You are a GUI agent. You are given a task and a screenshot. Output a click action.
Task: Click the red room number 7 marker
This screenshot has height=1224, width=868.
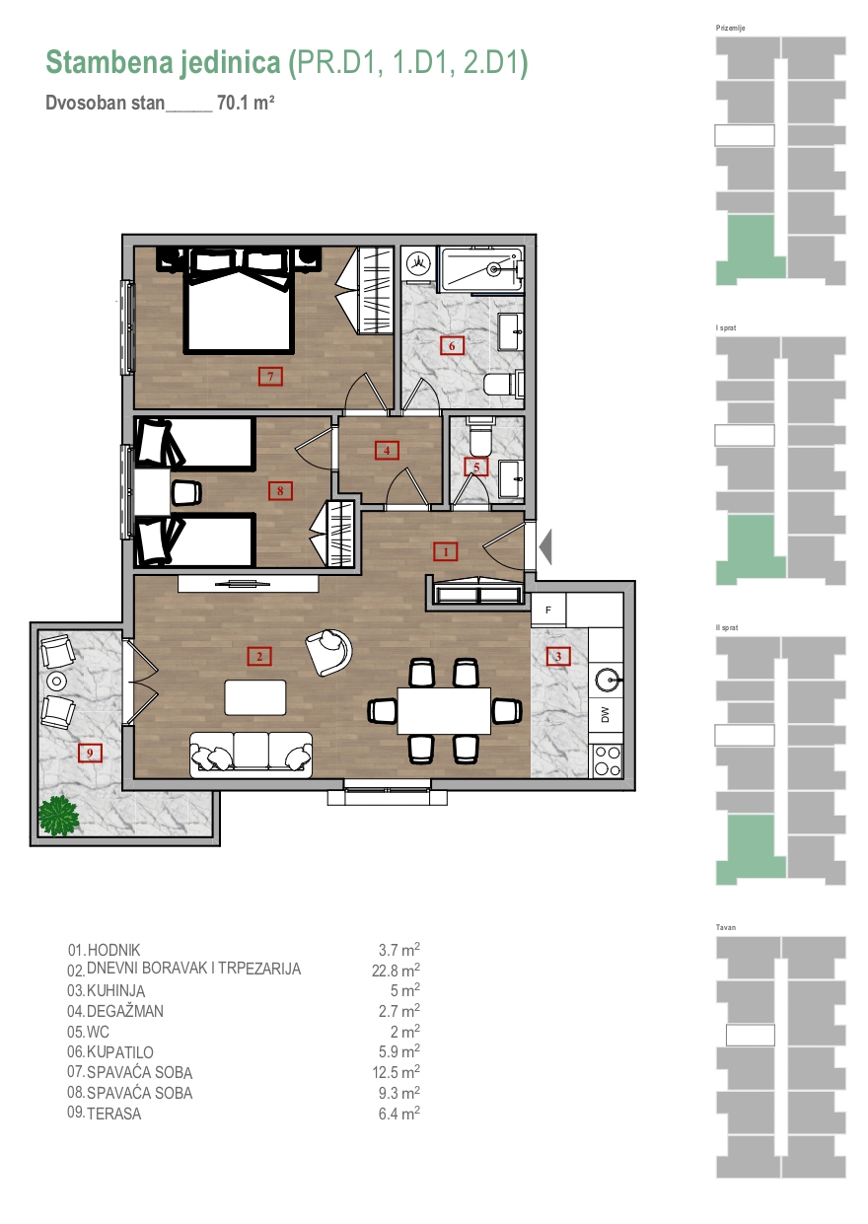point(270,377)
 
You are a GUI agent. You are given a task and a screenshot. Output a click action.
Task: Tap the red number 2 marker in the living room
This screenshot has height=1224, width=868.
point(259,656)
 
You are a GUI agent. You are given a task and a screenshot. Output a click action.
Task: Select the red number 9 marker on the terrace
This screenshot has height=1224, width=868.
point(90,754)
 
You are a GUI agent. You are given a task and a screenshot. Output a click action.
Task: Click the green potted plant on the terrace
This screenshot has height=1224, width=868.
point(58,816)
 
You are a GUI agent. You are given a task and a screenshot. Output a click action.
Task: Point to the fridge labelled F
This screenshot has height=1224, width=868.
point(548,610)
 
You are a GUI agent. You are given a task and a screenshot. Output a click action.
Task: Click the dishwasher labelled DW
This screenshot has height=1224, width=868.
point(605,714)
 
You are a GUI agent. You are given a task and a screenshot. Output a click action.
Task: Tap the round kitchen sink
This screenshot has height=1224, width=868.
point(606,681)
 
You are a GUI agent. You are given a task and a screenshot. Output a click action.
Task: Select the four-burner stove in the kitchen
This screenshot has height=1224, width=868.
point(607,760)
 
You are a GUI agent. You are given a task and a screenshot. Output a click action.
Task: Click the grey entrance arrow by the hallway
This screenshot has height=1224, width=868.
point(545,546)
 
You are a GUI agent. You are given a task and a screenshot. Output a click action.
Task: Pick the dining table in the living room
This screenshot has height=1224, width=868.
point(444,710)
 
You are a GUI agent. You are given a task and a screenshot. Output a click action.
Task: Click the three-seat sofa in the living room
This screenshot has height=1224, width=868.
point(251,755)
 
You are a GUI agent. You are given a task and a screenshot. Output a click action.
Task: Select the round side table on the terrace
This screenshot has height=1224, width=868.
point(56,681)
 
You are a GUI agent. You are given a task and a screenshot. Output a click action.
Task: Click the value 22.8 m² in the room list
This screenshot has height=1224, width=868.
point(396,971)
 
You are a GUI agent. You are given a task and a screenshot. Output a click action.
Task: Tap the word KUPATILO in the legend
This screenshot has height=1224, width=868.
point(120,1051)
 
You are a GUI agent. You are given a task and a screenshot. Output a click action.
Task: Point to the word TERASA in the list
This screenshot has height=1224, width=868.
point(114,1114)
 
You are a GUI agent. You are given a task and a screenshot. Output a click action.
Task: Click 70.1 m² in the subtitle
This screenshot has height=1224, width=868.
point(246,103)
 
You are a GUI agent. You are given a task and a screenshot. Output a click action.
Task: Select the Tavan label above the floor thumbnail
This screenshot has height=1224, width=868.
point(725,927)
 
